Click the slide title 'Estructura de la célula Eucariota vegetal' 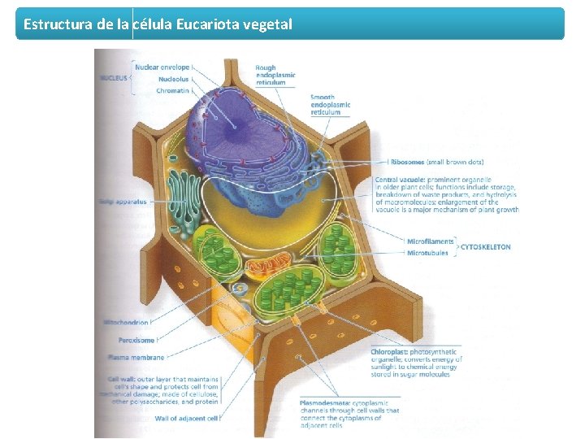(x=158, y=24)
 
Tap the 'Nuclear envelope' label (x=162, y=67)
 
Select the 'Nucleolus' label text (x=173, y=79)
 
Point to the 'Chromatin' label (x=173, y=90)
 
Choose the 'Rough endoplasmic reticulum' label (x=275, y=75)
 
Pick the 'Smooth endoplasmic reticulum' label (x=331, y=105)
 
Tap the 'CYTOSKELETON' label (x=485, y=246)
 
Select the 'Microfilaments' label (x=430, y=241)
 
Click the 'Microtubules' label (x=427, y=253)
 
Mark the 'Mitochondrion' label (x=125, y=323)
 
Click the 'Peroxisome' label (x=136, y=340)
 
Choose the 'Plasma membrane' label (x=136, y=357)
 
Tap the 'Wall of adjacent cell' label (x=187, y=418)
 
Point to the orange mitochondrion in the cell (x=268, y=267)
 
